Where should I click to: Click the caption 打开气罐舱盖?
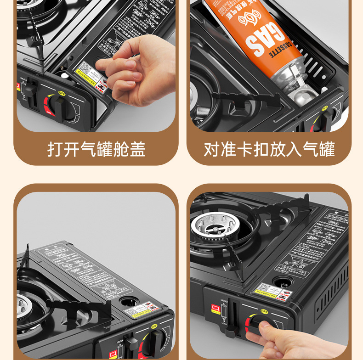pyautogui.click(x=96, y=149)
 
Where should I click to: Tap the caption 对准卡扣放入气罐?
pyautogui.click(x=269, y=149)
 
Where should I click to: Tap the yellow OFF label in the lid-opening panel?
pyautogui.click(x=62, y=93)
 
